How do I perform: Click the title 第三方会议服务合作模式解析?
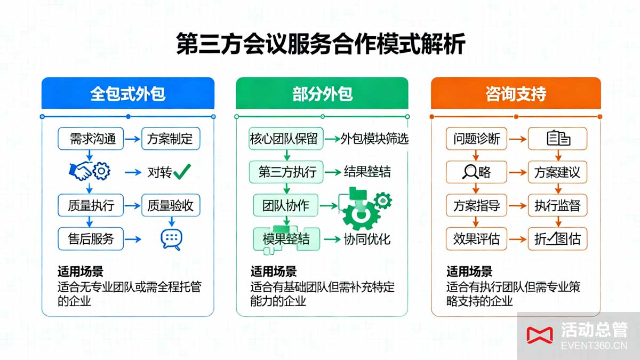pos(320,44)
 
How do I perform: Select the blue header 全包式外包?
pos(128,94)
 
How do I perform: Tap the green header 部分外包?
pos(322,94)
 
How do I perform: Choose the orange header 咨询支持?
pos(516,94)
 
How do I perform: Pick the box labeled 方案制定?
pos(171,139)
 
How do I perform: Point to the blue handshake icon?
pos(81,171)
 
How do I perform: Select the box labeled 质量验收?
pos(171,205)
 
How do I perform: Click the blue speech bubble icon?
pos(171,239)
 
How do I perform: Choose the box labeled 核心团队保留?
pos(284,139)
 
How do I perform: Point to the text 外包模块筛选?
pos(375,139)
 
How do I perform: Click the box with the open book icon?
pos(558,139)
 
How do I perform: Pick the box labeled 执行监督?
pos(557,206)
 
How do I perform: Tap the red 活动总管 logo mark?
pos(539,334)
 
